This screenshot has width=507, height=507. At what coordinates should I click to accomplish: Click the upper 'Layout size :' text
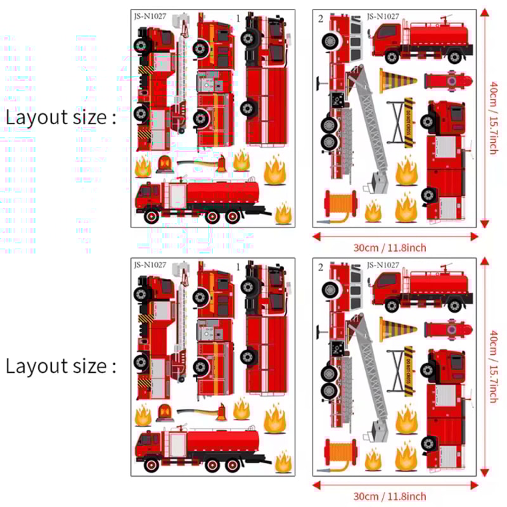pos(61,117)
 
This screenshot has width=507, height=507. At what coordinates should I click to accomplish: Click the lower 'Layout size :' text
pos(61,366)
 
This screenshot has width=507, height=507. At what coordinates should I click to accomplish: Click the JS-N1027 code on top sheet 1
pos(150,17)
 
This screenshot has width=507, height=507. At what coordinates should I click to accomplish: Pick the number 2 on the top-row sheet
pos(321,18)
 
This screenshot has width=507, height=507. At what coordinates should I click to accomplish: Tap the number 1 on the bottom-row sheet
pos(238,267)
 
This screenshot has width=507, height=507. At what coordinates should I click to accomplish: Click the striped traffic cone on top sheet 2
pos(397,80)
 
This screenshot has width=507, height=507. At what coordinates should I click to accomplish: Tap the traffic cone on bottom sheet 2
pos(397,329)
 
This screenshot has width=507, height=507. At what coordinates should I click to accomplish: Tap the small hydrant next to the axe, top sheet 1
pos(221,163)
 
